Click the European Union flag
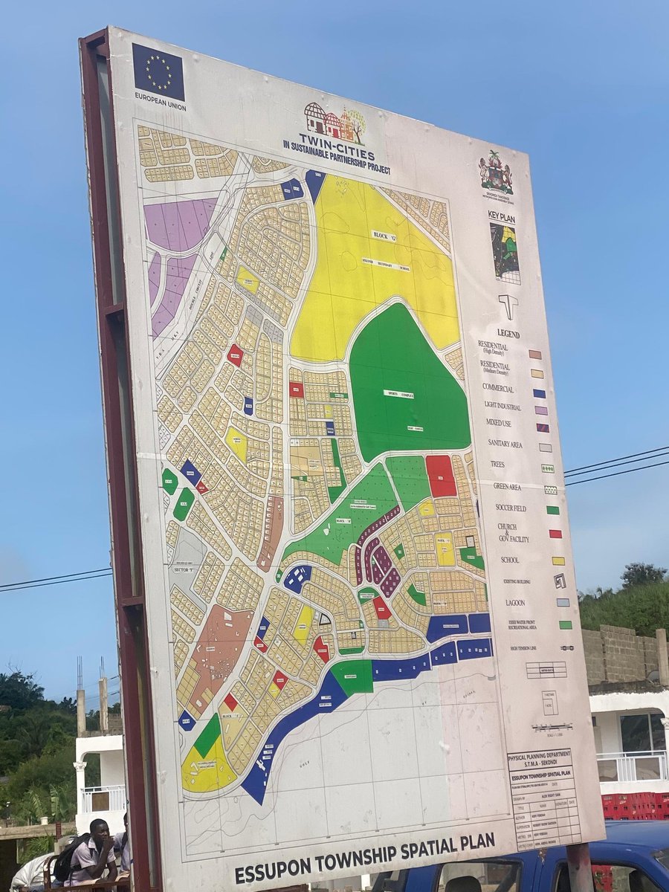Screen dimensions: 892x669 coord(158,71)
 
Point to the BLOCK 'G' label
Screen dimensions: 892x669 coord(384,236)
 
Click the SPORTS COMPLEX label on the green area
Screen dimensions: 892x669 coord(398,393)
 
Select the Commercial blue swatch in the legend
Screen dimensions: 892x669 coord(539,393)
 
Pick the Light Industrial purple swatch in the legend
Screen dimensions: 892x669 coord(540,410)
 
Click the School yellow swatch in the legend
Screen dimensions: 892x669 coord(557,560)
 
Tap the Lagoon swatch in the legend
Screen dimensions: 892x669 coord(563,602)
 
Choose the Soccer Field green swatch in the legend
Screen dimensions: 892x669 coord(552,510)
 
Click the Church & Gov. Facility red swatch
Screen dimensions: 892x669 coord(555,534)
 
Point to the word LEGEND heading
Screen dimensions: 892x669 coord(508,334)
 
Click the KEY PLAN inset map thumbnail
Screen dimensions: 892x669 coord(505,253)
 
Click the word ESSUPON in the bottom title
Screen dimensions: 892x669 coord(271,867)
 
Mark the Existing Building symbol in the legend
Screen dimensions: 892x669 coord(560,581)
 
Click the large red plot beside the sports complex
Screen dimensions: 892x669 coord(441,476)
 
